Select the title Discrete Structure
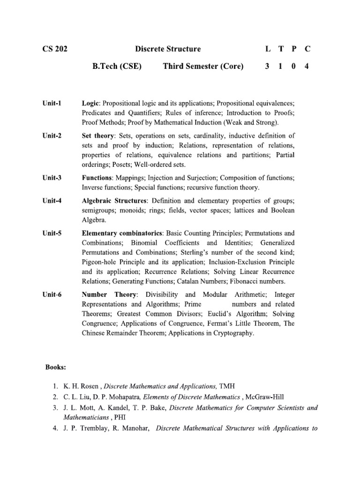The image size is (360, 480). point(168,49)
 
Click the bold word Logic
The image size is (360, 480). point(91,103)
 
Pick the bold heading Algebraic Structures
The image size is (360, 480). point(114,201)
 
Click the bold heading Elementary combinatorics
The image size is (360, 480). point(122,233)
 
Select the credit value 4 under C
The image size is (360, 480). point(307,67)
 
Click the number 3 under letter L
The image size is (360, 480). point(267,67)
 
